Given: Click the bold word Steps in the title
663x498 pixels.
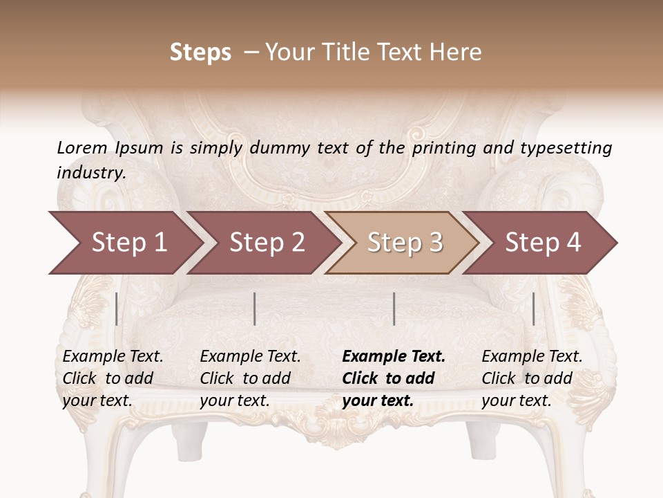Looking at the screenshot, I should click(x=200, y=53).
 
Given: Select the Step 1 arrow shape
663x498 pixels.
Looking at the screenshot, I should click(x=124, y=243).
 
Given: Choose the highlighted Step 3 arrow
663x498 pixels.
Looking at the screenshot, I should click(x=404, y=243).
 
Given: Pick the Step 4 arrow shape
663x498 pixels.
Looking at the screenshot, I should click(x=542, y=243).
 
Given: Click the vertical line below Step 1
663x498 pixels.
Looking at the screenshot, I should click(x=116, y=308).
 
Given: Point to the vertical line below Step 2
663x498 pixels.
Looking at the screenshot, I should click(x=255, y=308).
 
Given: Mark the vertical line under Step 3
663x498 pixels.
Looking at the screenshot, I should click(x=394, y=308).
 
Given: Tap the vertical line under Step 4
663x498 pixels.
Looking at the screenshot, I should click(x=533, y=308).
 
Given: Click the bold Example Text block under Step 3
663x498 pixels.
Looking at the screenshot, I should click(x=394, y=378).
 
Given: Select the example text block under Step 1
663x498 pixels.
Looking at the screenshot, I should click(x=113, y=378).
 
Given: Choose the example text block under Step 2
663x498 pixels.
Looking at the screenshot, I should click(x=250, y=378).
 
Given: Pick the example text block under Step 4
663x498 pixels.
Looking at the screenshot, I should click(x=532, y=378).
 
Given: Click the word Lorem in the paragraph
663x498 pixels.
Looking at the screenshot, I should click(x=82, y=147).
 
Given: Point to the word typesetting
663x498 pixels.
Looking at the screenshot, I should click(x=566, y=148).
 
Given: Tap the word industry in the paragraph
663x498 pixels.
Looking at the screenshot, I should click(x=90, y=172).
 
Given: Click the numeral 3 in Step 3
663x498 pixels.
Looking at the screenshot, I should click(x=435, y=243).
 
